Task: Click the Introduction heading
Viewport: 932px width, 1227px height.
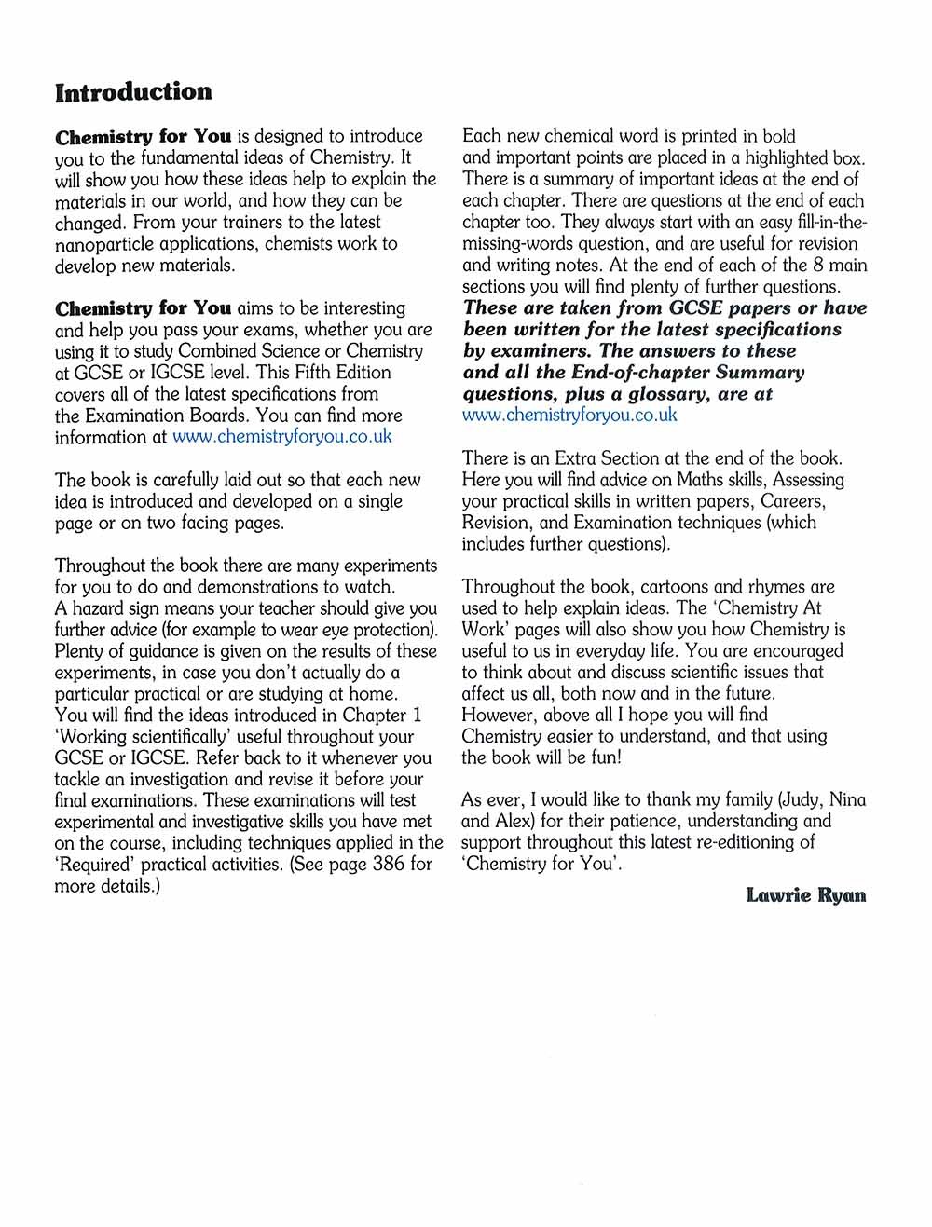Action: click(x=133, y=92)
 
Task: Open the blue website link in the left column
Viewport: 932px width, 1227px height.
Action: click(x=282, y=437)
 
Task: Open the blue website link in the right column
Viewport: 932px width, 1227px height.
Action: click(x=569, y=416)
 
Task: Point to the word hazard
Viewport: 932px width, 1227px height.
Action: click(x=102, y=609)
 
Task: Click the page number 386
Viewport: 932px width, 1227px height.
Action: click(x=388, y=865)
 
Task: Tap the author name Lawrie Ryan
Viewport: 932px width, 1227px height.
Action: click(x=806, y=895)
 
